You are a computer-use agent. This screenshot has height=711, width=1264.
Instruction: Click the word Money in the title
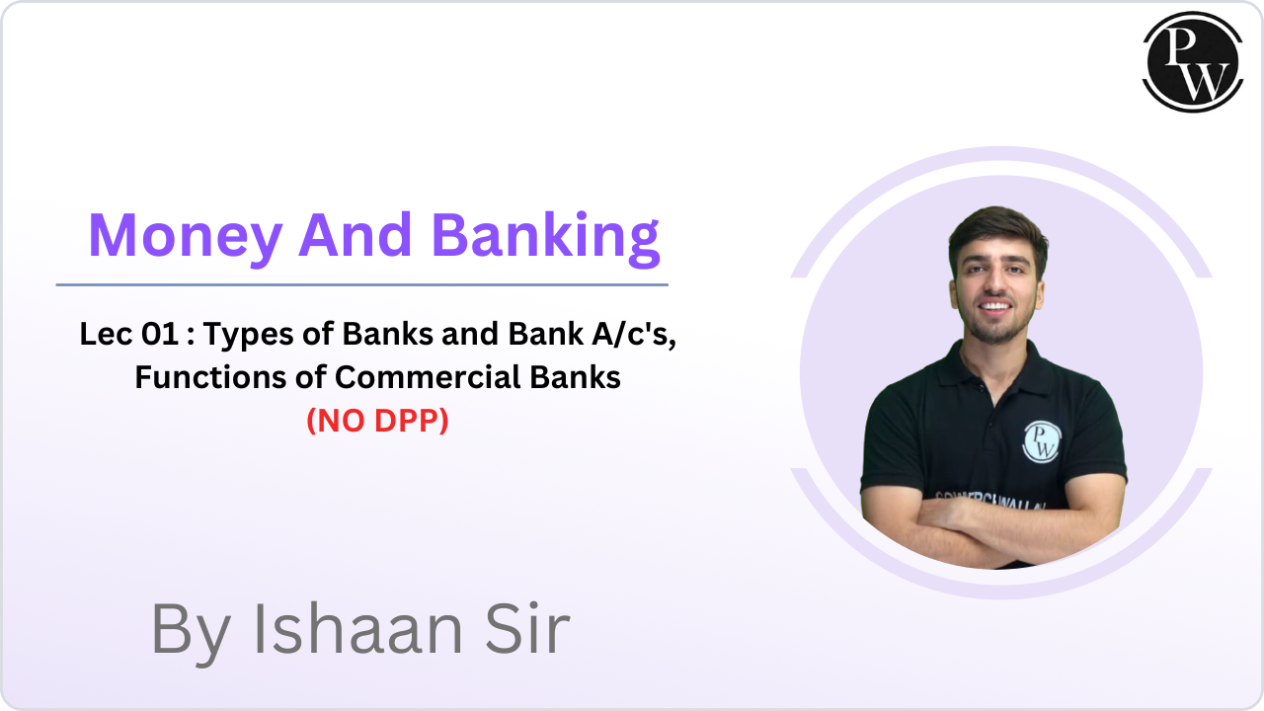pos(186,236)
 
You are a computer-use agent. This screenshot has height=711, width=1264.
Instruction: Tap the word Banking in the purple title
pos(546,238)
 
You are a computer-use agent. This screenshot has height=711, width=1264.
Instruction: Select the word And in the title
pos(355,234)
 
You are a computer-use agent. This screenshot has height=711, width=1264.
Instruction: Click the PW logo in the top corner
pos(1193,62)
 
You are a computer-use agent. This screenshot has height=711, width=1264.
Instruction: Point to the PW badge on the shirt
pos(1042,441)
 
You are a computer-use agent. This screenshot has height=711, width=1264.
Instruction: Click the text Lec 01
pos(129,334)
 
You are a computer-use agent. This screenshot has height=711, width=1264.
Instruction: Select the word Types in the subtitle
pos(249,335)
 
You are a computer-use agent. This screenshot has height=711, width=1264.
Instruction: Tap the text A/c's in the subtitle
pos(634,334)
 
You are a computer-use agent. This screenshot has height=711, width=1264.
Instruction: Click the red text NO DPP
pos(377,421)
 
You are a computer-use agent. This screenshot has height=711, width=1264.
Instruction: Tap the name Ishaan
pos(358,629)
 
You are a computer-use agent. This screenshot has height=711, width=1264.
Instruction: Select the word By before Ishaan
pos(191,634)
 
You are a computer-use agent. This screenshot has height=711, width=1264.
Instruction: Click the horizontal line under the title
pos(362,285)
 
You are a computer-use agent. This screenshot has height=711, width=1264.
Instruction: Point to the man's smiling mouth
pos(995,306)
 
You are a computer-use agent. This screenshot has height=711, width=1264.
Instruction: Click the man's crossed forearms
pos(993,527)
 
